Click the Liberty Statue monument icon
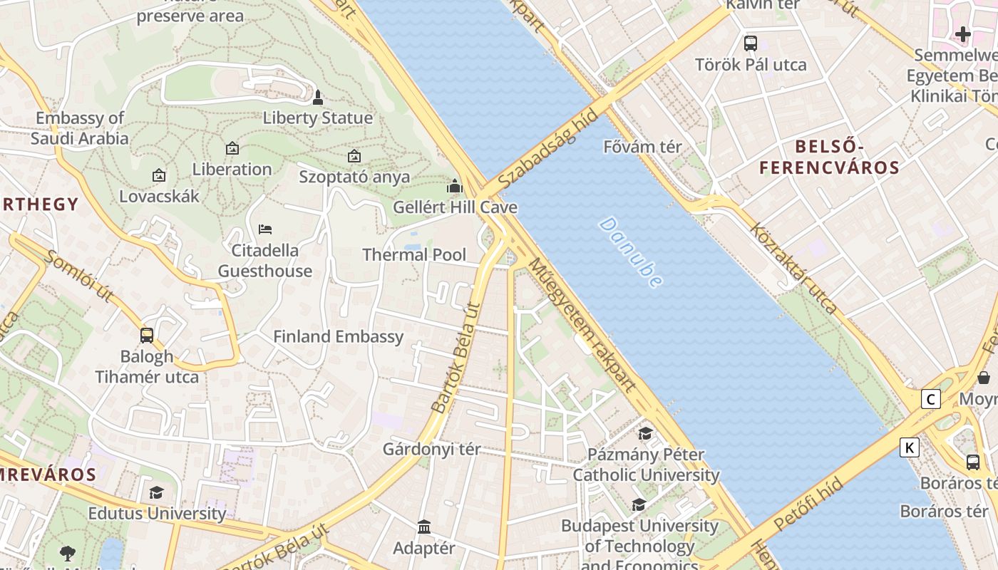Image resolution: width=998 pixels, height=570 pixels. point(318,97)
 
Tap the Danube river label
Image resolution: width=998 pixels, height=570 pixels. point(630,252)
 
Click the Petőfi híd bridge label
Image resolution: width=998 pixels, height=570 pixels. point(808,504)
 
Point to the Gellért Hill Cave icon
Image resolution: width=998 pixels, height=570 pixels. point(455,187)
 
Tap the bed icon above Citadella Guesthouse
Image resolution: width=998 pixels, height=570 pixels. point(265,229)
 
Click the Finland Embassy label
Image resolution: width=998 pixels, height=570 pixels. point(339,336)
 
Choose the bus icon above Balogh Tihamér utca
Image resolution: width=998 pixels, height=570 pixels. point(147,335)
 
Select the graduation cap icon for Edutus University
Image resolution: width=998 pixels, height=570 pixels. point(156,492)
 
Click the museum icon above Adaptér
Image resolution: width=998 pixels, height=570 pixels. point(424,527)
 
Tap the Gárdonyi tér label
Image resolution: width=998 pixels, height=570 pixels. point(431,450)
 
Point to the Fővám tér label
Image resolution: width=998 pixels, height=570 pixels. point(642,147)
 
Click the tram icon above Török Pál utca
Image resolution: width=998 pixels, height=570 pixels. point(750,43)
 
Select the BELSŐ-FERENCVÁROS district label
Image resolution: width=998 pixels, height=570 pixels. point(829,157)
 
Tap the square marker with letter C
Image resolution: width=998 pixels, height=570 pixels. point(930,399)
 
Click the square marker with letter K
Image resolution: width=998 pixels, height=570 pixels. point(909,447)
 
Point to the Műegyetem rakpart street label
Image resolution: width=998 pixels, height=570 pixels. point(581,324)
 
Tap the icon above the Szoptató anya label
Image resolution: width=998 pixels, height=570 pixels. point(354,156)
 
